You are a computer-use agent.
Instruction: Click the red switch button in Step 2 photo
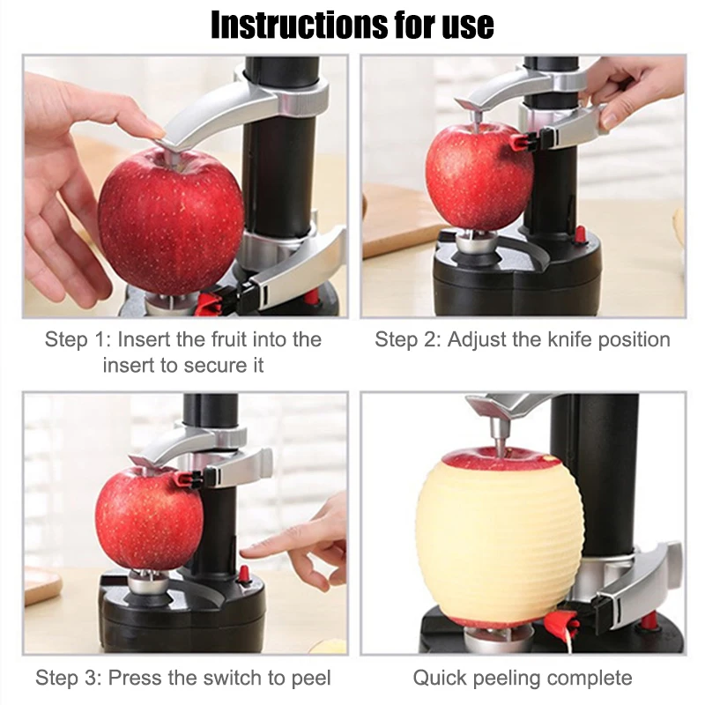coord(580,234)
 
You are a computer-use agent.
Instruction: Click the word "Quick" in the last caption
coord(442,678)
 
